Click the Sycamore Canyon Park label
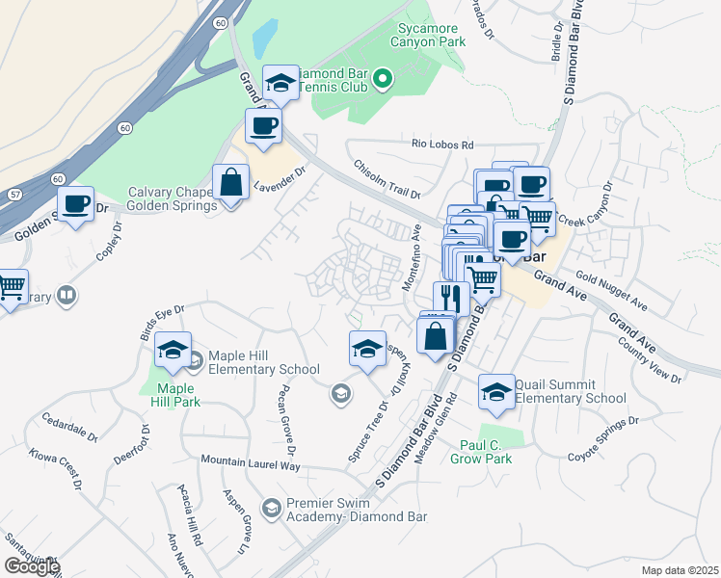tap(425, 36)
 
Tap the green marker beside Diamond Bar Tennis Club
tap(382, 78)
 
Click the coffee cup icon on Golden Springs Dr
tap(75, 204)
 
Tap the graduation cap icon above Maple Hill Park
tap(173, 351)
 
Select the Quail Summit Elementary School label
tap(570, 391)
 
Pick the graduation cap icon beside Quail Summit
tap(496, 392)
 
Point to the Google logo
tap(32, 566)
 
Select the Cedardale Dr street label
tap(70, 429)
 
